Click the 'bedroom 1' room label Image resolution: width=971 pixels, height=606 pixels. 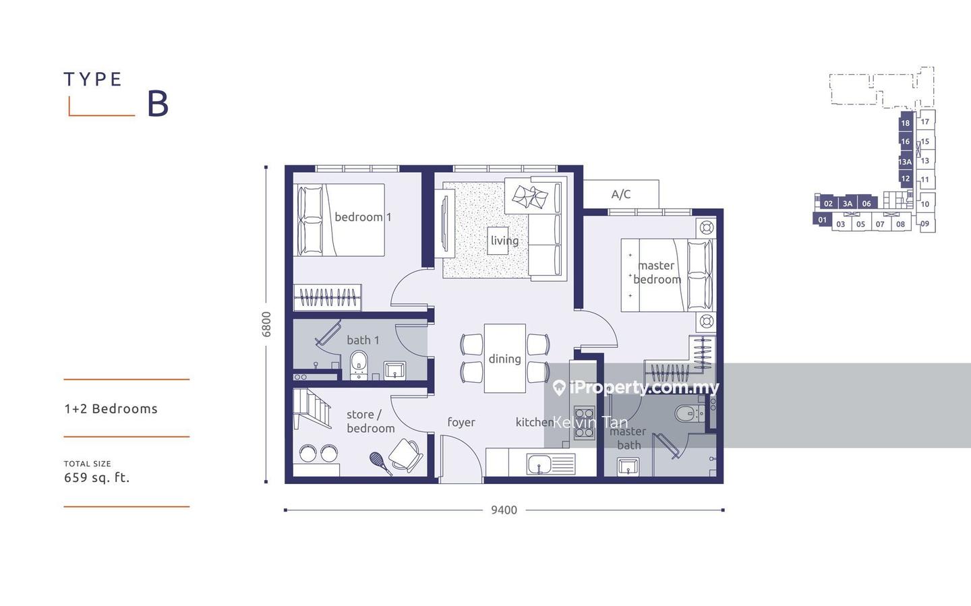click(x=363, y=217)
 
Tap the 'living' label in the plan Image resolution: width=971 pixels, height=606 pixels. click(x=504, y=241)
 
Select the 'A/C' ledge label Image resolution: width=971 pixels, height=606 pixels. click(x=621, y=194)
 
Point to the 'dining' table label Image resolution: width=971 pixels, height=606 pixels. click(x=504, y=359)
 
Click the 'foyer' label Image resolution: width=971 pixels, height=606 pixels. click(x=461, y=422)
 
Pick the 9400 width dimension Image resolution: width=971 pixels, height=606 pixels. click(x=504, y=510)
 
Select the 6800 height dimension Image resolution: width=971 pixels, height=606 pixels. click(x=266, y=324)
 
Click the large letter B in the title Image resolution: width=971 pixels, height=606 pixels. click(x=158, y=104)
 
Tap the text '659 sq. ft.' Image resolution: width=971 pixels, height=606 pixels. click(x=96, y=478)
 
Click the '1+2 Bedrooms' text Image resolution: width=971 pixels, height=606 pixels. click(x=111, y=408)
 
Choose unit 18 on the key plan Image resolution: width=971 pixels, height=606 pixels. click(x=906, y=123)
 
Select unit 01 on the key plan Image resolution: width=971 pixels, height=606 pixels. click(x=822, y=220)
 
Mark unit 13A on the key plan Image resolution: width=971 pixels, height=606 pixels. click(x=905, y=162)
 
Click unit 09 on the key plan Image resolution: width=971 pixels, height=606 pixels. click(x=925, y=224)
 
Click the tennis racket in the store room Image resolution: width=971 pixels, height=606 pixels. click(x=380, y=463)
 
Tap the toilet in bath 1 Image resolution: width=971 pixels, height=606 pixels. click(x=359, y=365)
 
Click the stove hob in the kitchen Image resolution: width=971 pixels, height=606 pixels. click(x=584, y=423)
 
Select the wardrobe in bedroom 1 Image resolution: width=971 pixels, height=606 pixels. click(x=327, y=297)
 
